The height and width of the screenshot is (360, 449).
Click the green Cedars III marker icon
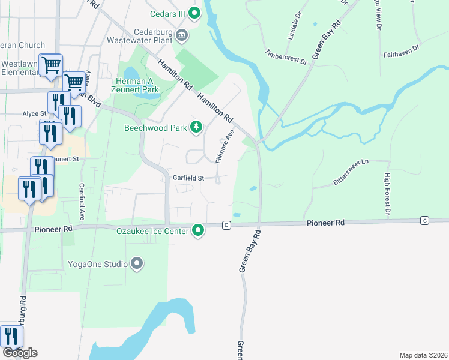(194, 12)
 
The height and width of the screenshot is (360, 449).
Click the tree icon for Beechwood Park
(196, 127)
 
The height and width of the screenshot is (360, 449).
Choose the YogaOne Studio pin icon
(137, 263)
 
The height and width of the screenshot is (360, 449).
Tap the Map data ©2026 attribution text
(423, 355)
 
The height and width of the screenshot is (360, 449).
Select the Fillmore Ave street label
(224, 148)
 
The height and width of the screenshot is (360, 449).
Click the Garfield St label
(189, 178)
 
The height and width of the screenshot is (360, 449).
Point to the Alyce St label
(34, 113)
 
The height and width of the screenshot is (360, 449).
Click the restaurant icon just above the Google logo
(11, 336)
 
